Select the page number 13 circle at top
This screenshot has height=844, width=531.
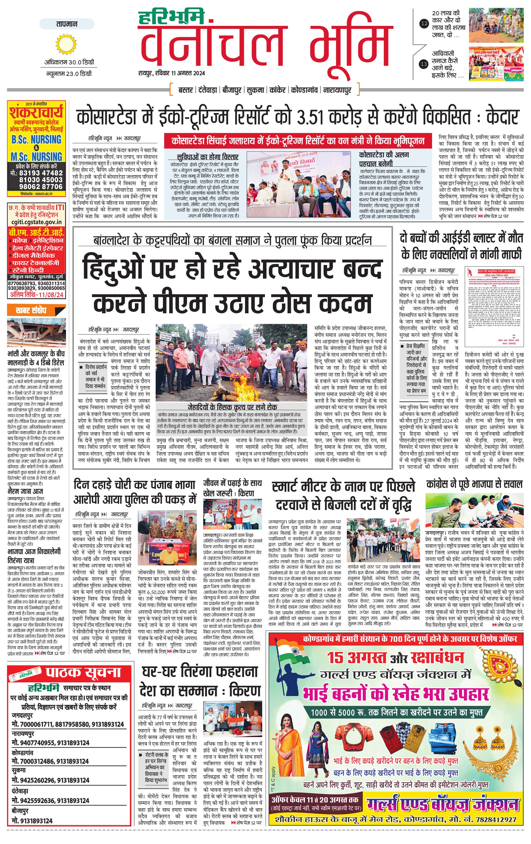[x=424, y=64]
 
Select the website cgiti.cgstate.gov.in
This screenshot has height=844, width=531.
[x=37, y=222]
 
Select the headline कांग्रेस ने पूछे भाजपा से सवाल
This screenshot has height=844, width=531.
[x=474, y=484]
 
